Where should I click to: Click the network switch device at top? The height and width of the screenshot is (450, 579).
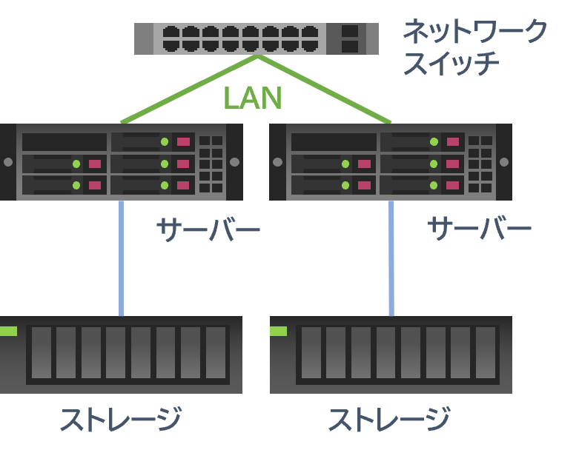click(x=256, y=38)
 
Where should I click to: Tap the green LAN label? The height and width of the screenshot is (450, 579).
click(x=253, y=98)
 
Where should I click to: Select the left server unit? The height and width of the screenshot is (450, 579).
click(x=122, y=162)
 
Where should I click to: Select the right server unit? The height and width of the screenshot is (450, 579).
click(x=391, y=162)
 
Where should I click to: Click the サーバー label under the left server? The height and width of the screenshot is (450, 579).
click(x=208, y=230)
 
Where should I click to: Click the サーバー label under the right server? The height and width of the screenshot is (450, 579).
click(x=479, y=229)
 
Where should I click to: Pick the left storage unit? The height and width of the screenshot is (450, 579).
click(x=122, y=355)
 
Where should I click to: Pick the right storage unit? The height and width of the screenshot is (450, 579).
click(x=391, y=355)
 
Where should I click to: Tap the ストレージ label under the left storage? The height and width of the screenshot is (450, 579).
click(x=120, y=420)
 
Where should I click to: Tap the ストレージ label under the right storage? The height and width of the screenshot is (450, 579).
click(x=388, y=420)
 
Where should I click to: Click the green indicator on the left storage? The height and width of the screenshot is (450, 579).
click(x=8, y=331)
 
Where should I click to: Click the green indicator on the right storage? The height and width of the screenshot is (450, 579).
click(x=278, y=331)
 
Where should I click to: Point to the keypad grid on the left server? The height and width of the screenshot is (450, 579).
click(x=211, y=163)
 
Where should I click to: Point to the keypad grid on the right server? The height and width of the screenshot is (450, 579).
click(x=480, y=163)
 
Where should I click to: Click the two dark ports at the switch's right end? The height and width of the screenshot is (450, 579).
click(x=350, y=38)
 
